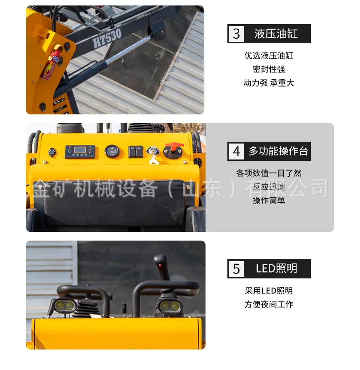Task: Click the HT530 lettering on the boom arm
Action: [x=107, y=38]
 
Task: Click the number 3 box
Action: [x=237, y=34]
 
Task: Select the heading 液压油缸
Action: [x=276, y=34]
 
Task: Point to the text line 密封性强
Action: [x=269, y=69]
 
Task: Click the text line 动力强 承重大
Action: [x=269, y=83]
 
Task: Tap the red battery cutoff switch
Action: [x=174, y=150]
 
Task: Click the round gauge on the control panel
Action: [x=112, y=151]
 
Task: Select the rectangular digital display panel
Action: [x=80, y=151]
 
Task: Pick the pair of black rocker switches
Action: [x=136, y=152]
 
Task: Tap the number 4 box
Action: [x=237, y=151]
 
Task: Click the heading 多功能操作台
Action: [x=278, y=151]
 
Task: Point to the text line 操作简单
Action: [x=269, y=200]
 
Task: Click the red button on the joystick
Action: [x=161, y=266]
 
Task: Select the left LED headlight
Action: [x=64, y=306]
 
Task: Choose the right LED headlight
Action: [x=170, y=306]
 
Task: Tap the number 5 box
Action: [x=237, y=269]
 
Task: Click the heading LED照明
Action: [x=277, y=269]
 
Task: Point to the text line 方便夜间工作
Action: [x=269, y=304]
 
